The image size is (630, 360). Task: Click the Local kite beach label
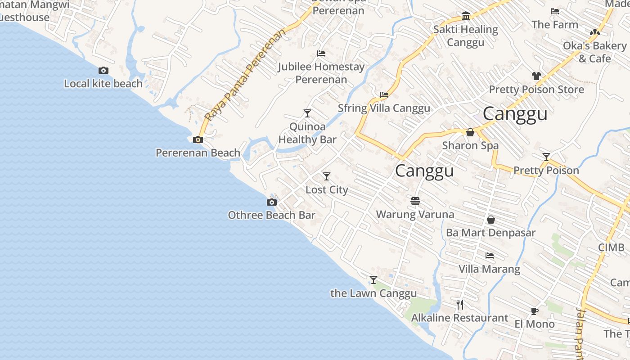click(x=103, y=84)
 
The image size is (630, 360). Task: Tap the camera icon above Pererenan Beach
click(x=198, y=140)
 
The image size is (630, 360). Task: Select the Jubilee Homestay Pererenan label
click(x=321, y=73)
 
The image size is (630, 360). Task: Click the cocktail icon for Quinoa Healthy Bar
click(x=307, y=113)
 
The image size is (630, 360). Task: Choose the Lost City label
click(x=327, y=190)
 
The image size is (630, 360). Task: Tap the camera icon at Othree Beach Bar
click(x=272, y=202)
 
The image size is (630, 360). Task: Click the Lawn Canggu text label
click(x=373, y=293)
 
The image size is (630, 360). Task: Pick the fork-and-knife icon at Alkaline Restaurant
click(x=460, y=305)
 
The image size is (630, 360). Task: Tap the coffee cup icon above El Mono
click(x=534, y=311)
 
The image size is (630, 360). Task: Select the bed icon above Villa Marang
click(x=490, y=256)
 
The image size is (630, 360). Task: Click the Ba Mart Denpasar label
click(x=490, y=233)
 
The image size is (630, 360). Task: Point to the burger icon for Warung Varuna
click(x=415, y=201)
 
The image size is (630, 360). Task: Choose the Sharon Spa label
click(x=470, y=145)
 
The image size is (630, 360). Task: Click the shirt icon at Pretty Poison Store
click(x=536, y=76)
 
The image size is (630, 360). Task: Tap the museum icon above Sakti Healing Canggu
click(x=466, y=17)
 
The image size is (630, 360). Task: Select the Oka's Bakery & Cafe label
click(x=594, y=52)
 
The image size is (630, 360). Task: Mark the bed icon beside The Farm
click(x=555, y=11)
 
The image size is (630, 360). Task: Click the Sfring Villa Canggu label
click(x=384, y=108)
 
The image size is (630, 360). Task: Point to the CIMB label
click(x=611, y=247)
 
